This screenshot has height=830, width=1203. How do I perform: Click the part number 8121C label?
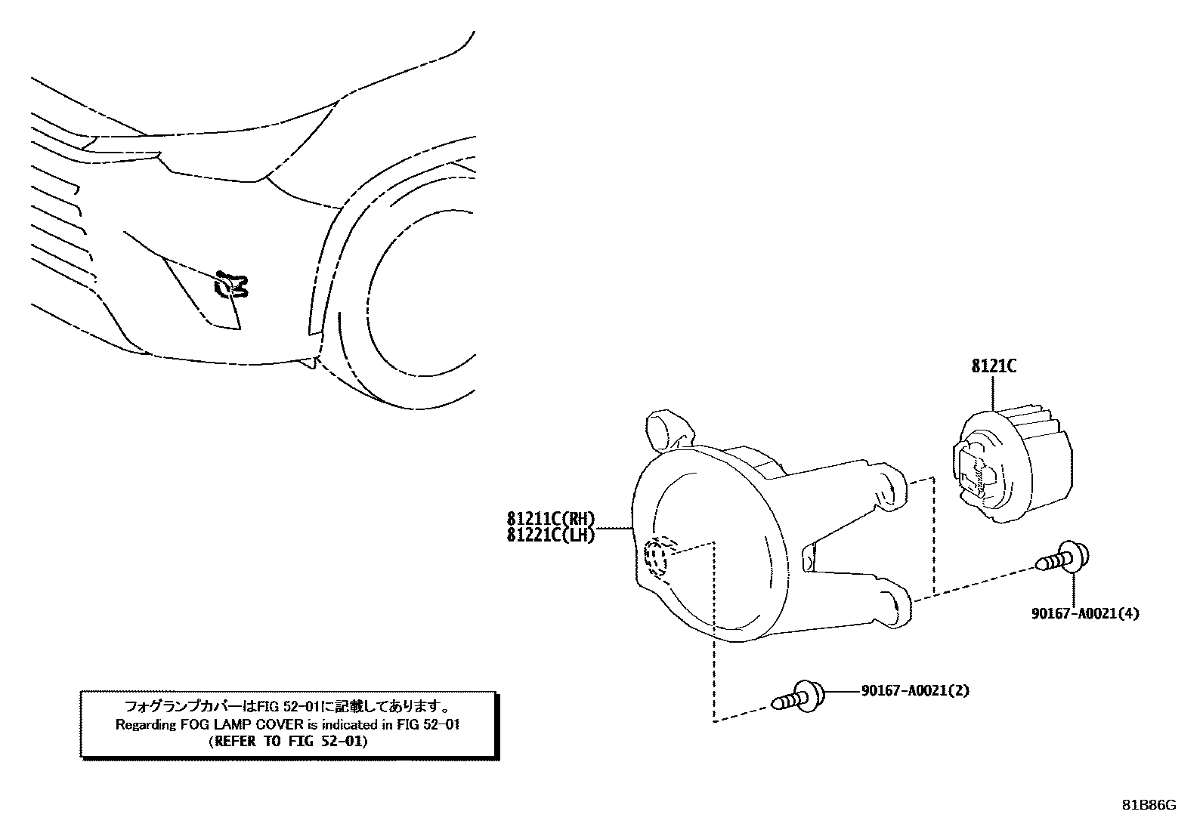click(x=994, y=366)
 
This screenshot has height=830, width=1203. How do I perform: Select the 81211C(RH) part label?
click(x=551, y=520)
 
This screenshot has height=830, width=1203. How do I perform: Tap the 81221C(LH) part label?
click(x=551, y=535)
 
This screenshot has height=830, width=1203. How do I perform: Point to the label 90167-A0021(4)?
click(x=1084, y=613)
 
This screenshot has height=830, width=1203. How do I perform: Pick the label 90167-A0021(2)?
click(x=914, y=690)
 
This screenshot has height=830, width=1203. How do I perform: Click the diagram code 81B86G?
click(x=1148, y=805)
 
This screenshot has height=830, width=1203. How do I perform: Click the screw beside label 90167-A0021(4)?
click(x=1063, y=557)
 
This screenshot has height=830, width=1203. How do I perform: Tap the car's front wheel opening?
click(x=408, y=302)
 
